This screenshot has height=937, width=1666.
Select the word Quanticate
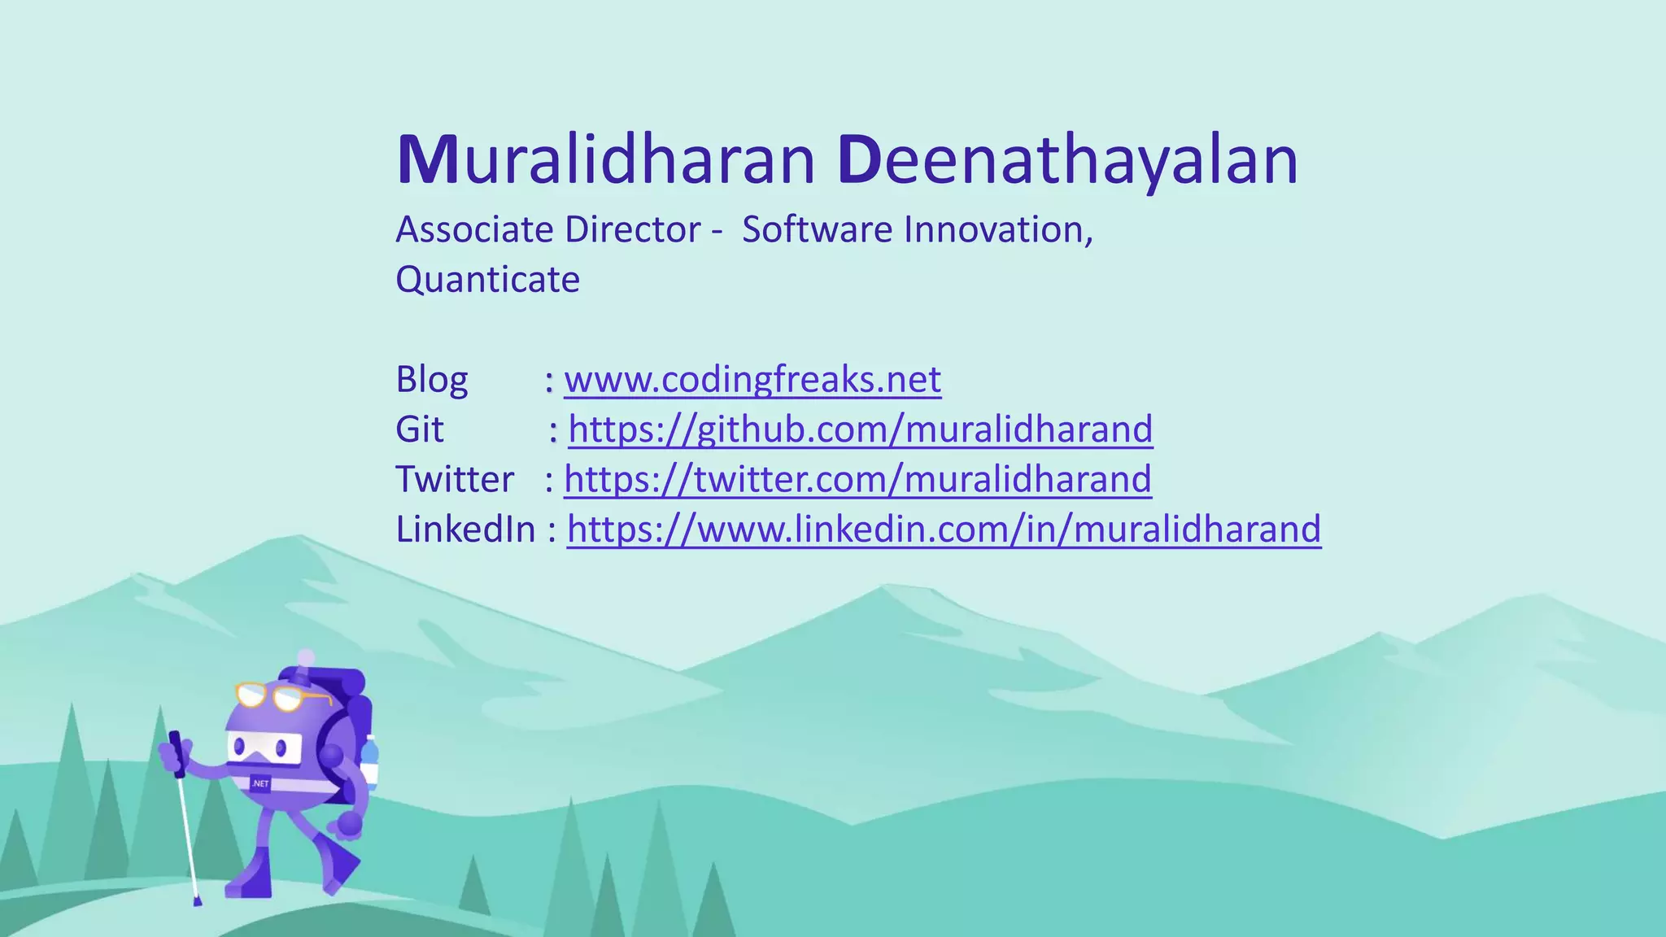(x=487, y=280)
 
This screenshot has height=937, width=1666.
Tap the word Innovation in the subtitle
(x=997, y=229)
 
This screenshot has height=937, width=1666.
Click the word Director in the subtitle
(x=632, y=229)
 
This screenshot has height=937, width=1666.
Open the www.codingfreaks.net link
(x=752, y=380)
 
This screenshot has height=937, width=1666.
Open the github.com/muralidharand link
(x=860, y=429)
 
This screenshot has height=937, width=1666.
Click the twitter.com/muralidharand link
(x=857, y=479)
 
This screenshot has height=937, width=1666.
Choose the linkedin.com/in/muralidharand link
(x=944, y=530)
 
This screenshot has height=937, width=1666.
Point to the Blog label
(x=431, y=380)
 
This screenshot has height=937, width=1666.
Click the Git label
(x=419, y=429)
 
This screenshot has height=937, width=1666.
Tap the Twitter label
(x=454, y=479)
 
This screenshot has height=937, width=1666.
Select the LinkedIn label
(x=465, y=530)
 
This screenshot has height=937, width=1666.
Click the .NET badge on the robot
(x=260, y=784)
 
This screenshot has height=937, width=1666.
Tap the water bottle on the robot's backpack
(x=370, y=760)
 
